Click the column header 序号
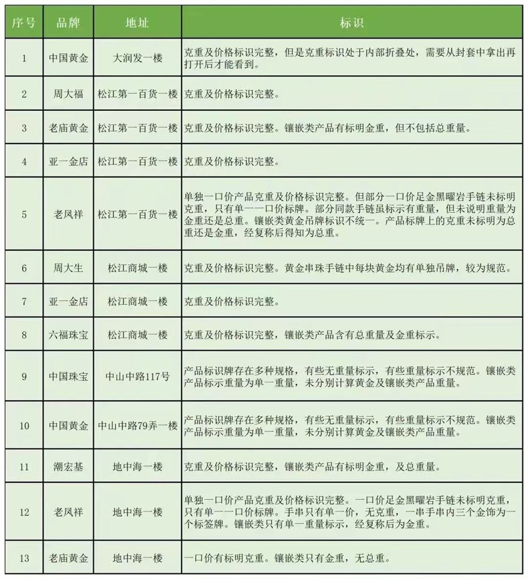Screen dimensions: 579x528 point(24,23)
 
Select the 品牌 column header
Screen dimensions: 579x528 point(68,23)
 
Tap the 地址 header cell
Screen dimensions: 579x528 point(138,23)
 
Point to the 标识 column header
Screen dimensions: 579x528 point(352,23)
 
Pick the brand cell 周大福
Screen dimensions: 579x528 point(68,94)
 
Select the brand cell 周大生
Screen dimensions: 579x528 point(68,267)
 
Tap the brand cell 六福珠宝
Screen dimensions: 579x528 point(68,335)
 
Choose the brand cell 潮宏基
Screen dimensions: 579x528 point(68,467)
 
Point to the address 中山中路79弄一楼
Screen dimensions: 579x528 point(138,425)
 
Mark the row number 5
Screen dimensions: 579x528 point(24,214)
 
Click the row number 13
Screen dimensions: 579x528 point(24,558)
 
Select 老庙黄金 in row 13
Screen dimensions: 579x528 point(68,558)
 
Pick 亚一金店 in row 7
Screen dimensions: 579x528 point(68,301)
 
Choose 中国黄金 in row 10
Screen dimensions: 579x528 point(68,425)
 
